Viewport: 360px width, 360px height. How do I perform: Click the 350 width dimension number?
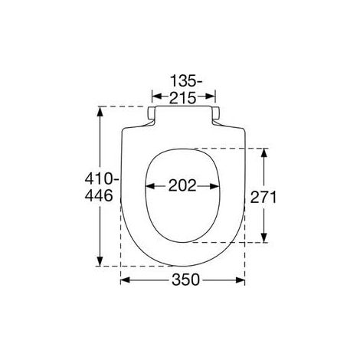[x=185, y=280]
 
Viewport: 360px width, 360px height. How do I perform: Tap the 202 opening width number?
[x=182, y=185]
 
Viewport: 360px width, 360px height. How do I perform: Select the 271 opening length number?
[x=263, y=197]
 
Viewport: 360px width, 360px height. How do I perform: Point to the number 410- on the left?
[x=102, y=178]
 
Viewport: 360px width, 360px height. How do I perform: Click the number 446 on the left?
[x=99, y=196]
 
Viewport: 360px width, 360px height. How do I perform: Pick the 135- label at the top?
[x=186, y=81]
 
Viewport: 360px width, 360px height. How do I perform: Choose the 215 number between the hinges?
[x=183, y=98]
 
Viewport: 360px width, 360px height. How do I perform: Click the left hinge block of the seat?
[x=152, y=113]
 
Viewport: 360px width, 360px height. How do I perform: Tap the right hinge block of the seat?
[x=216, y=113]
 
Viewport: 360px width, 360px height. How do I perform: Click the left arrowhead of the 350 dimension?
[x=125, y=280]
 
